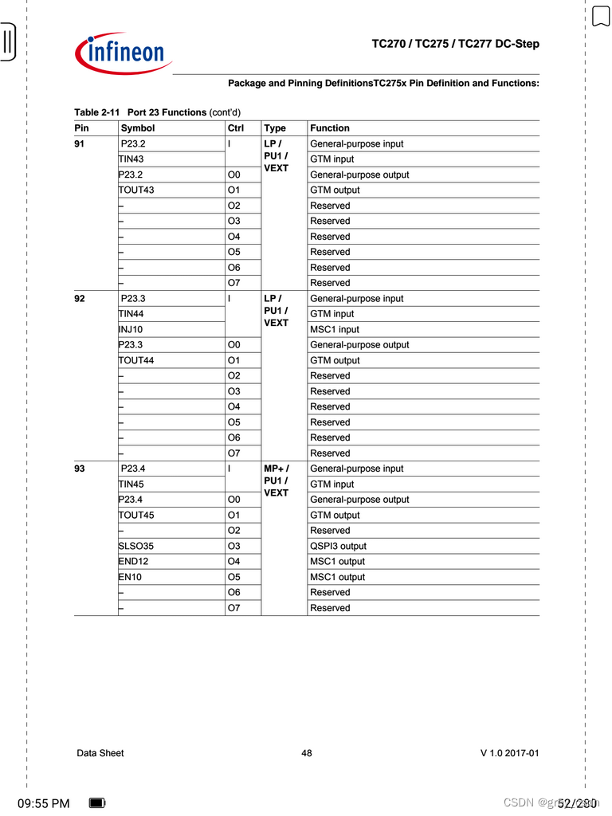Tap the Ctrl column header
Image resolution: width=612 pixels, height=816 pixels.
coord(236,128)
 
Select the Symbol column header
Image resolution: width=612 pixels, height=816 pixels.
coord(137,128)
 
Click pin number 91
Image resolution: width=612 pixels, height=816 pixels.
coord(80,144)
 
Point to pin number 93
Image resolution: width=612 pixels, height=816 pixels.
coord(80,469)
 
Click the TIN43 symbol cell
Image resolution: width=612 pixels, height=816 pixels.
coord(131,159)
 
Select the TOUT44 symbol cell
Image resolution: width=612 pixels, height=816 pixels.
coord(136,361)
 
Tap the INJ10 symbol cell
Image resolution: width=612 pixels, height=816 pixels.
coord(131,330)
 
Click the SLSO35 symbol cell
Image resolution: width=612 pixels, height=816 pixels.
coord(136,547)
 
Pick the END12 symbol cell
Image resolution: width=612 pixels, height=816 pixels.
coord(133,562)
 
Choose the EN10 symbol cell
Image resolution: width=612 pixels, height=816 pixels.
coord(130,577)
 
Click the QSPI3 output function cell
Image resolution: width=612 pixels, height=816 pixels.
coord(338,547)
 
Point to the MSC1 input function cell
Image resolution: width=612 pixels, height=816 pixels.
coord(335,330)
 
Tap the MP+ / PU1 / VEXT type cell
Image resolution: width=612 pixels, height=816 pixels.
coord(276,481)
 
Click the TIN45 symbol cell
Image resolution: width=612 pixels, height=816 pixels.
coord(131,484)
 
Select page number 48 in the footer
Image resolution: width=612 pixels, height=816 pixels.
coord(307,753)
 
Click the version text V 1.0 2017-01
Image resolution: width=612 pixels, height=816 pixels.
coord(509,753)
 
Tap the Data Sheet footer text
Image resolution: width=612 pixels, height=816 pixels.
coord(100,753)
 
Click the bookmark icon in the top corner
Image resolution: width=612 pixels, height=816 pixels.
coord(600,16)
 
